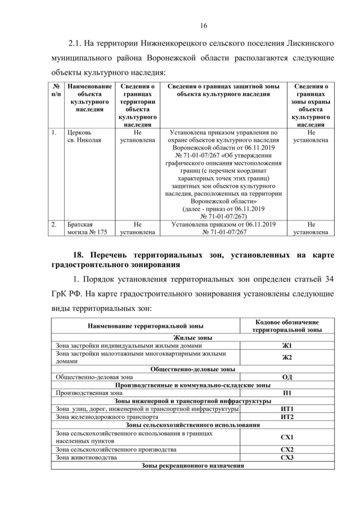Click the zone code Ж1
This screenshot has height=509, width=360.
287,345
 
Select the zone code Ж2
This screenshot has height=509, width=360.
287,357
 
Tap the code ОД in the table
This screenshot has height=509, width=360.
287,377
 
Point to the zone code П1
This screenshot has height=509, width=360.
287,393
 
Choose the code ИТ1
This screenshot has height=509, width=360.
287,409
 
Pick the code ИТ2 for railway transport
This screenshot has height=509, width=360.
287,417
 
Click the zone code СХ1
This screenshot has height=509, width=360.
287,437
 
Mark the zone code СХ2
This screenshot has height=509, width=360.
287,450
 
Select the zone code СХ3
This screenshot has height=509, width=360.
287,458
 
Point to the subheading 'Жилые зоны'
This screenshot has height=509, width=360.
193,337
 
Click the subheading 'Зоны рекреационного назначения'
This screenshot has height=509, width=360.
193,466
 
